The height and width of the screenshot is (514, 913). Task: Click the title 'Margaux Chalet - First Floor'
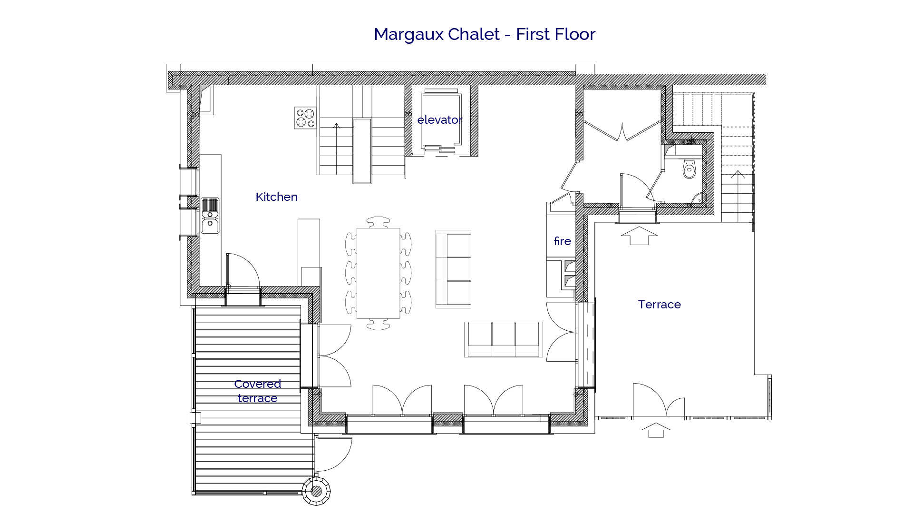[x=484, y=34]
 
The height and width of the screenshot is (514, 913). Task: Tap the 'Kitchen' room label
[x=276, y=197]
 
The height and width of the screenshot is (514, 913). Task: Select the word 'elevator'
[x=439, y=120]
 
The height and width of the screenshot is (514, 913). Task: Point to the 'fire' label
[x=562, y=241]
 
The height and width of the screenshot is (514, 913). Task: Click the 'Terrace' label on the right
[x=659, y=305]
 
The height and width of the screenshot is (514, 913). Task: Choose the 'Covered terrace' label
[x=257, y=391]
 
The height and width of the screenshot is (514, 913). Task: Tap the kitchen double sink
[x=210, y=216]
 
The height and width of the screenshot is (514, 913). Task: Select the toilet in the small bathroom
[x=689, y=168]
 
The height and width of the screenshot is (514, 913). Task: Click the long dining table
[x=378, y=273]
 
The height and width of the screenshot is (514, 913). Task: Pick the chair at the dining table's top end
[x=379, y=222]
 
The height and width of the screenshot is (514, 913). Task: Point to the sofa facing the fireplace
[x=453, y=269]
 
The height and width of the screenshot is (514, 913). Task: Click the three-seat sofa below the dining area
[x=503, y=339]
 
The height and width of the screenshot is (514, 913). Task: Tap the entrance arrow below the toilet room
[x=639, y=236]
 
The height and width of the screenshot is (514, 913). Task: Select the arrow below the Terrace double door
[x=656, y=430]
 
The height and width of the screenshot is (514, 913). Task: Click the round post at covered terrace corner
[x=316, y=491]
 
